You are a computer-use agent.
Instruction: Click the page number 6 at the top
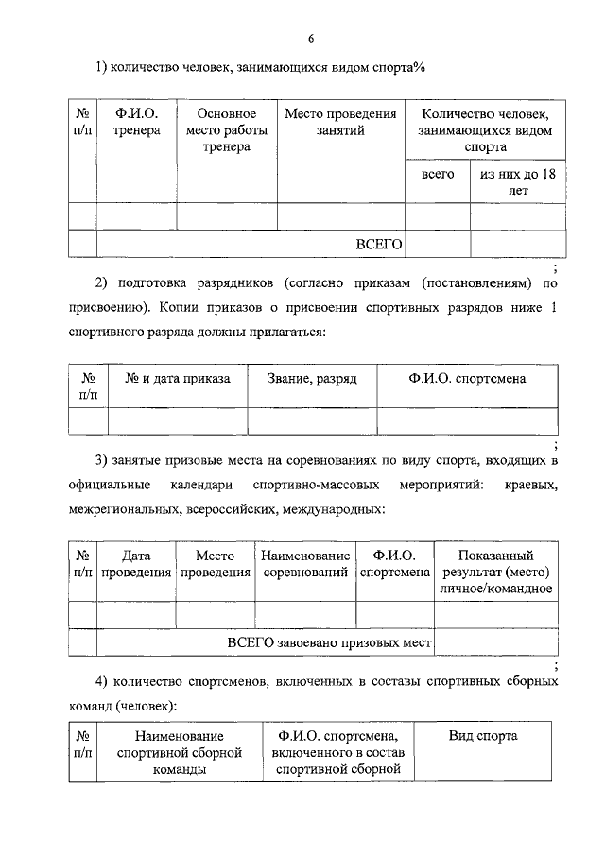tap(310, 38)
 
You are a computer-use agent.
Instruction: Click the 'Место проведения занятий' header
tap(340, 122)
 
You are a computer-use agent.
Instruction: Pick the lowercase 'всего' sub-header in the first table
tap(438, 175)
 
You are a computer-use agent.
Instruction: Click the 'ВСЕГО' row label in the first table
tap(378, 245)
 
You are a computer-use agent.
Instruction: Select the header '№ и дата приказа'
tap(178, 378)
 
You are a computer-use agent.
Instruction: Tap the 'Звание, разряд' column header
tap(312, 378)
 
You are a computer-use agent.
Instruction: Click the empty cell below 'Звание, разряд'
tap(312, 420)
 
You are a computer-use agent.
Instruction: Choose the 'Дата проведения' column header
tap(136, 564)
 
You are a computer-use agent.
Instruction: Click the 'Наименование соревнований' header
tap(305, 564)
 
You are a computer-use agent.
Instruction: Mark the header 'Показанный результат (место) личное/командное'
tap(495, 572)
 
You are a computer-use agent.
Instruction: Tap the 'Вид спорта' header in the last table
tap(482, 736)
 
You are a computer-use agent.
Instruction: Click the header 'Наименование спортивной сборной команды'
tap(179, 752)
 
